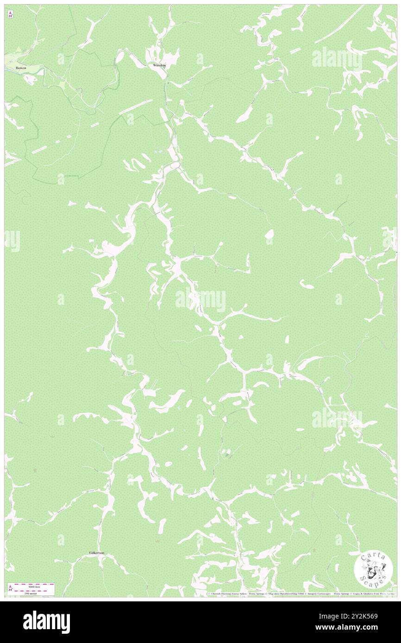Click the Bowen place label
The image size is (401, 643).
point(21,68)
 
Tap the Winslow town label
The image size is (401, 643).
point(159,65)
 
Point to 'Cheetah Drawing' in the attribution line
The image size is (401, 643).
point(223,594)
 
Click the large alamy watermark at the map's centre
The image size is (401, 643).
point(200,301)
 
